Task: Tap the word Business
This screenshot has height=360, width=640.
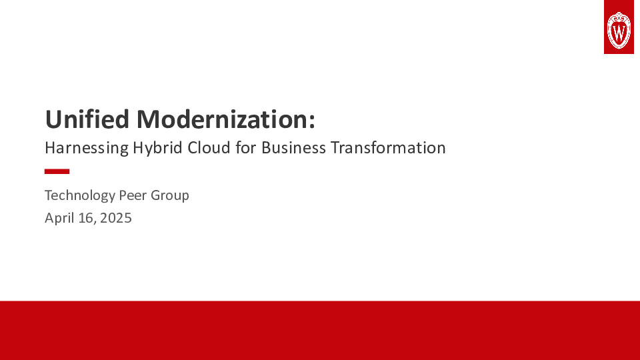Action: click(293, 147)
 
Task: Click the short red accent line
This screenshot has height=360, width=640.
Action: click(57, 171)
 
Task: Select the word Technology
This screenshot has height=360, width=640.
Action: click(79, 195)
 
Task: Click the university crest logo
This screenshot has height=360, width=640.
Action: click(618, 27)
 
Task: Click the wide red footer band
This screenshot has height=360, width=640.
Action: click(320, 330)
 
